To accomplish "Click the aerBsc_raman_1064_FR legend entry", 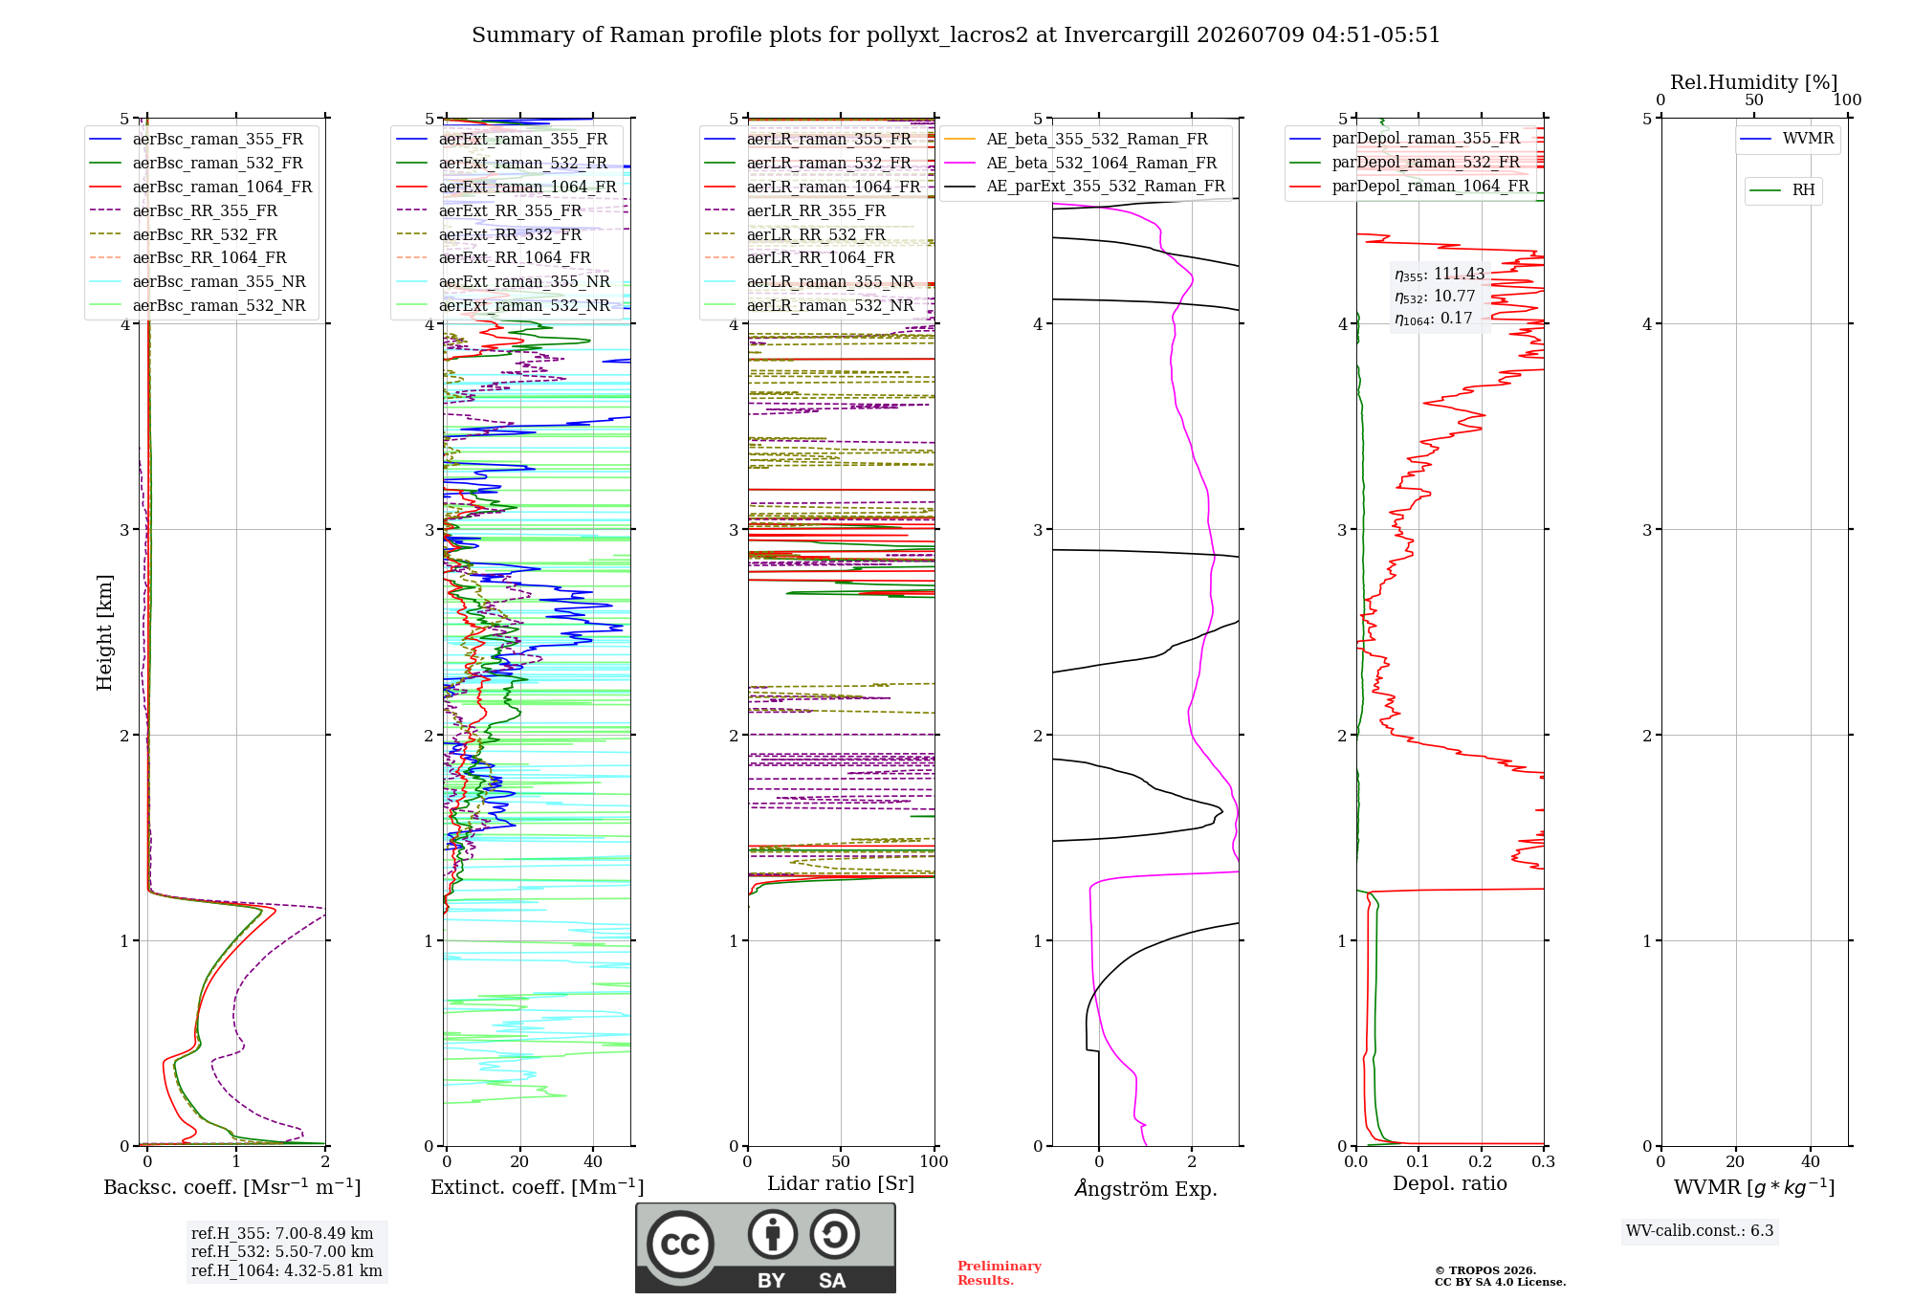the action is [201, 187].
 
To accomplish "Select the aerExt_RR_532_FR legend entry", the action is [489, 234].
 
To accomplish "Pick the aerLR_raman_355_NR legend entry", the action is [809, 281].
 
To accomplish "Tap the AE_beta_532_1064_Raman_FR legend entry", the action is [1081, 163].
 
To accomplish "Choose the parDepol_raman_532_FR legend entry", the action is [1405, 162].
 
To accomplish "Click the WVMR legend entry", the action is [1787, 139].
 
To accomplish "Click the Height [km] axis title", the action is [104, 632].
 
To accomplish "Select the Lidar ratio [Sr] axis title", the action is [841, 1183].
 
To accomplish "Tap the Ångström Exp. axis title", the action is [1146, 1188].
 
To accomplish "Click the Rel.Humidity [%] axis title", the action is [1754, 82].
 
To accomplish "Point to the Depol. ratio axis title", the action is [1450, 1183].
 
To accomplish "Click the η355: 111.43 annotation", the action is [1440, 275].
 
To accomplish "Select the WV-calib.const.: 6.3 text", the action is [1700, 1230].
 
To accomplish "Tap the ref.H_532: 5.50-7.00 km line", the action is [282, 1251].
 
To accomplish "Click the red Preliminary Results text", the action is [1000, 1273].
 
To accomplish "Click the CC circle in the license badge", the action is [681, 1245].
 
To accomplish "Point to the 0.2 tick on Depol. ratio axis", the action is [1481, 1161].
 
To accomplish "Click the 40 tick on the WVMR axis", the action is [1811, 1161].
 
